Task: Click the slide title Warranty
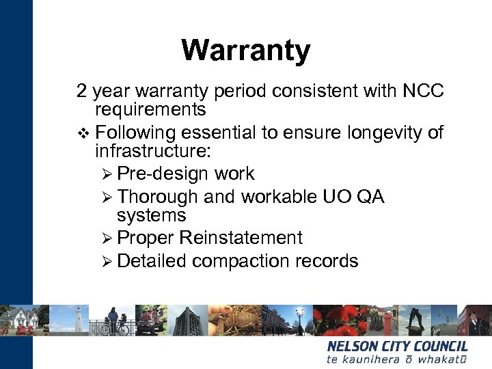(x=245, y=50)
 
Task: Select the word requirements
(x=150, y=110)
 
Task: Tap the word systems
(x=151, y=216)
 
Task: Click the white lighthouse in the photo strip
(x=79, y=320)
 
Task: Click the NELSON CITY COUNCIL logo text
(x=397, y=346)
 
